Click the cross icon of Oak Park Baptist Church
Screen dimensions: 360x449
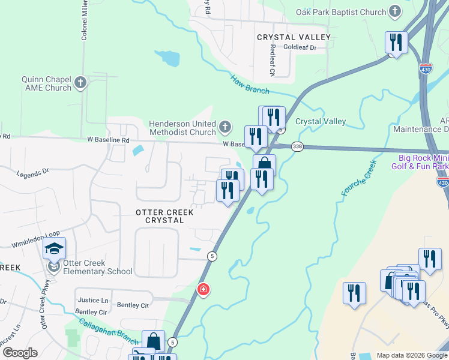[x=395, y=11]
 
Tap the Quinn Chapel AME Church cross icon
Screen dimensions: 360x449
[x=80, y=82]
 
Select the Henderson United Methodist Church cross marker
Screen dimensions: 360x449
[x=224, y=127]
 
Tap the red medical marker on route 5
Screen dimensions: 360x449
[x=203, y=290]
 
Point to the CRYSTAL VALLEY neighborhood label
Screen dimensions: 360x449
[x=294, y=37]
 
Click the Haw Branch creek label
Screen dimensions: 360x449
[x=250, y=84]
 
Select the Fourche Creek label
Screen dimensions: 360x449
[x=359, y=178]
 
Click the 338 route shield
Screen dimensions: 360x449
[x=297, y=146]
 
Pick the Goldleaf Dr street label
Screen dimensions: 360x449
[x=300, y=47]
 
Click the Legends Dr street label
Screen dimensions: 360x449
[x=32, y=173]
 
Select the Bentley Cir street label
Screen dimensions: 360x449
[x=91, y=312]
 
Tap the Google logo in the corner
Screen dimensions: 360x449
[x=20, y=353]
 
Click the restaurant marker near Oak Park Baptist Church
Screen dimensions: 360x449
[x=396, y=43]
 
